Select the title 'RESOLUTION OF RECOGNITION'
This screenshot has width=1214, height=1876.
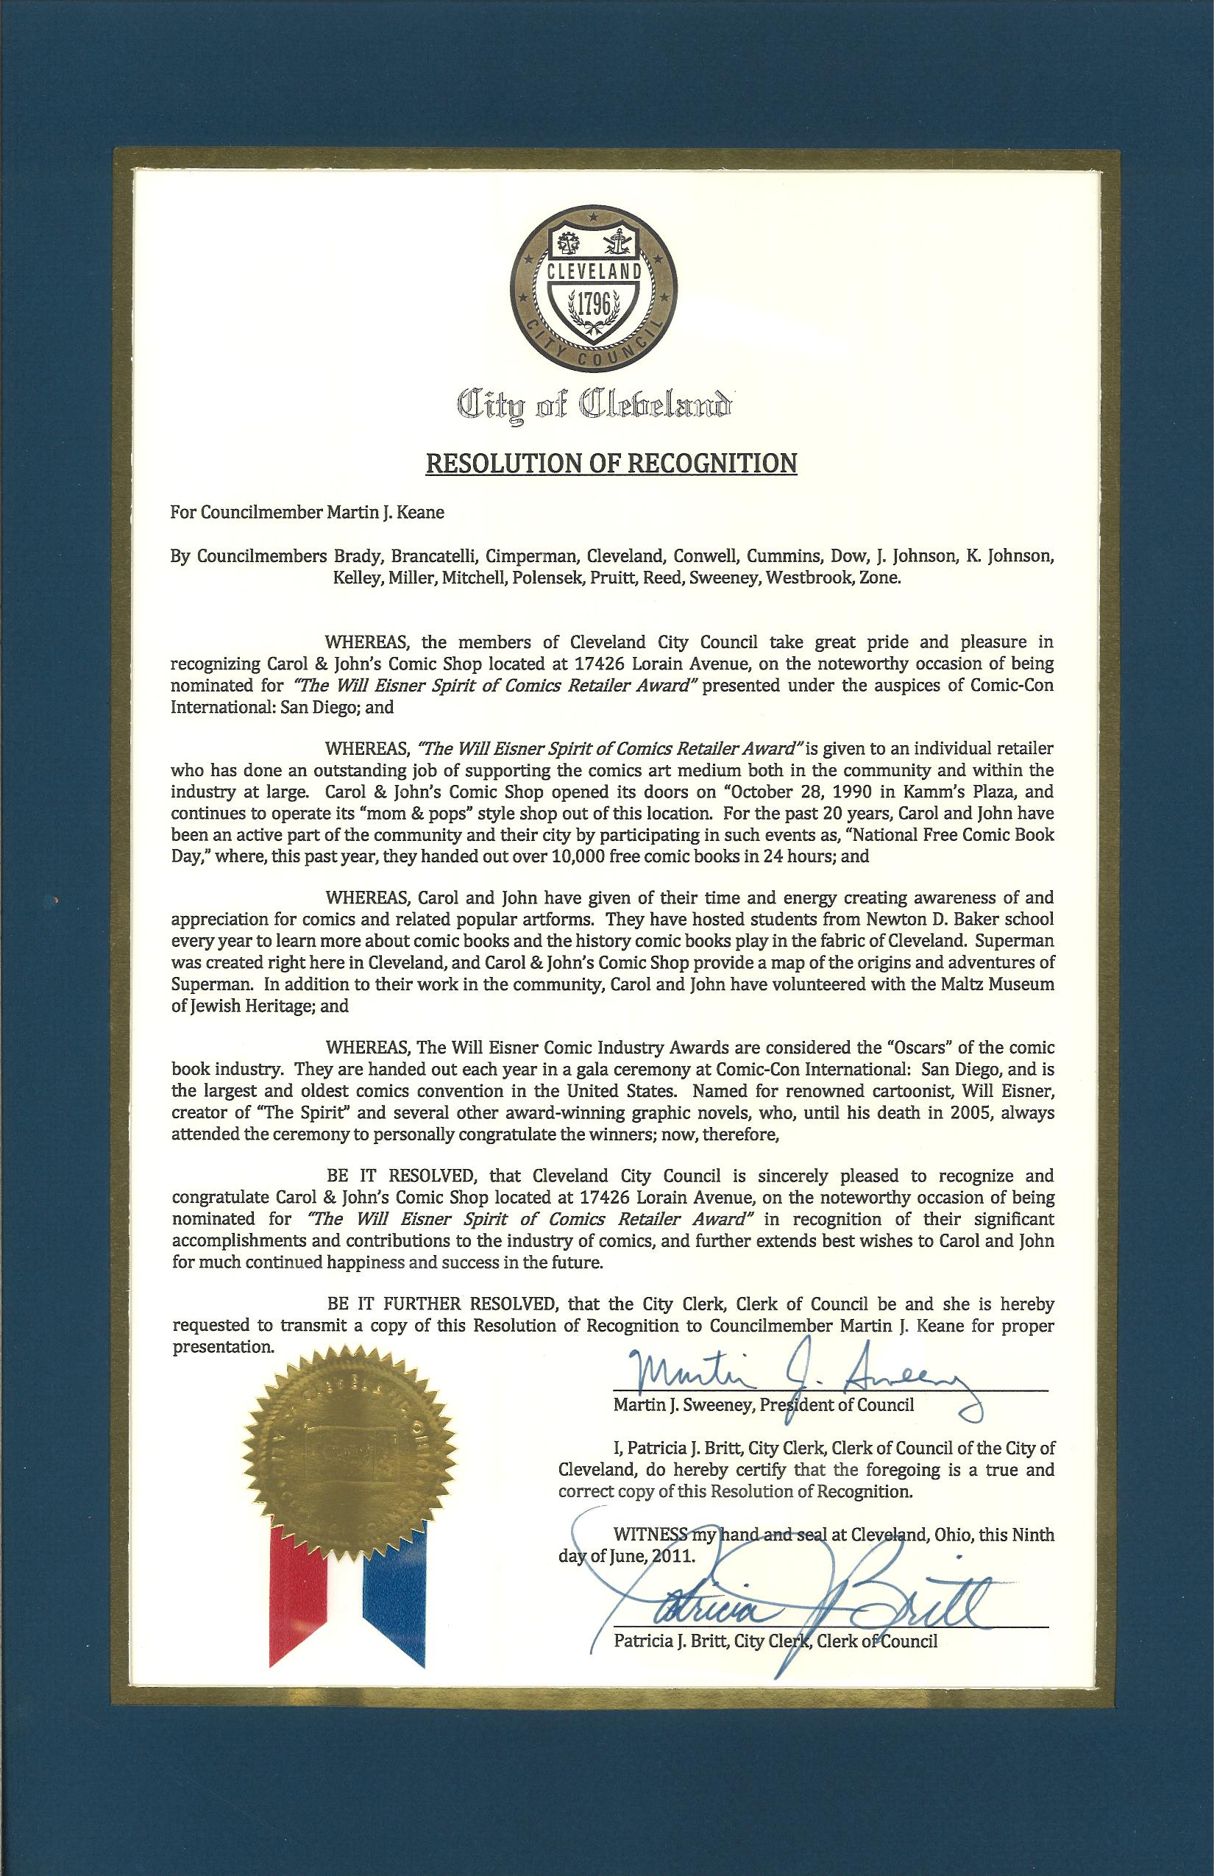pos(611,463)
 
